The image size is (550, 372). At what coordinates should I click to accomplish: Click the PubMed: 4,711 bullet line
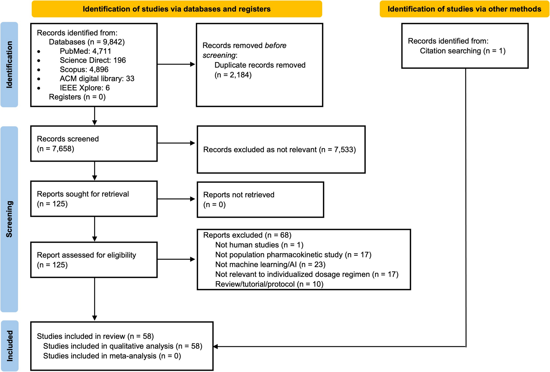[x=85, y=51]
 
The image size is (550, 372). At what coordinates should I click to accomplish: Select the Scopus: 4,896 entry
[x=84, y=69]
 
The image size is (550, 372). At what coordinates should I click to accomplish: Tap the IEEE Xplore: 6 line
[x=85, y=88]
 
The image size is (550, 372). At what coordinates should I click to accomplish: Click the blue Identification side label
[x=9, y=65]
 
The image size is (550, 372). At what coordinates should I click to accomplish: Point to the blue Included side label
[x=10, y=346]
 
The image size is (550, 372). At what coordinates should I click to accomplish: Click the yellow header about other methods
[x=464, y=9]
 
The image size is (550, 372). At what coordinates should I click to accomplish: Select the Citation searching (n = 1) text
[x=462, y=51]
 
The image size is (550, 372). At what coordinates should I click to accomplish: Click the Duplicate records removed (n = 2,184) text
[x=260, y=70]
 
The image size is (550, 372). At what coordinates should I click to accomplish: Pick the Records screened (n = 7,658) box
[x=94, y=144]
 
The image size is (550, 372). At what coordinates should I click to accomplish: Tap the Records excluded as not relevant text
[x=279, y=150]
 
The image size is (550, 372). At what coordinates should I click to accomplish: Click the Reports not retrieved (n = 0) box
[x=260, y=200]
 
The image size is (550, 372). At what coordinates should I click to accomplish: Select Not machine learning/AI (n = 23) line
[x=270, y=264]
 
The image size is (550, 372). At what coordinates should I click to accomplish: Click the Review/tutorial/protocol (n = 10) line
[x=269, y=284]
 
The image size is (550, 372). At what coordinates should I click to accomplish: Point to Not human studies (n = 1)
[x=259, y=245]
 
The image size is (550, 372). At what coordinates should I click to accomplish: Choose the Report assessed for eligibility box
[x=94, y=260]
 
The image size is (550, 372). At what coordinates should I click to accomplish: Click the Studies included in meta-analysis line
[x=112, y=356]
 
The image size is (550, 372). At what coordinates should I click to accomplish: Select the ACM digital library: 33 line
[x=97, y=79]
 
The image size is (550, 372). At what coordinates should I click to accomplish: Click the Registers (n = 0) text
[x=77, y=97]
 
